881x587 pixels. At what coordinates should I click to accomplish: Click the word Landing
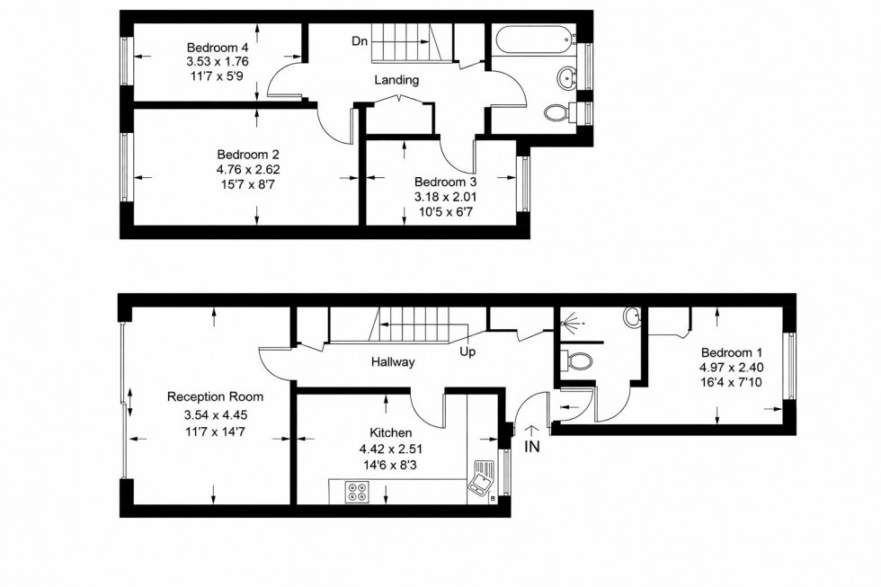click(396, 80)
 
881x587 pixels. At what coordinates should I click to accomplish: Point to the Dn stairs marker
click(360, 40)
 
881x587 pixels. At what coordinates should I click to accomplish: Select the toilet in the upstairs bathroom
click(559, 112)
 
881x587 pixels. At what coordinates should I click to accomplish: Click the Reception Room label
click(215, 396)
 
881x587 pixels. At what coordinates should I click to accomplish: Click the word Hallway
click(393, 363)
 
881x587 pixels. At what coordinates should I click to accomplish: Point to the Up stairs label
click(467, 351)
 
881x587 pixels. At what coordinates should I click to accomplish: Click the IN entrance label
click(531, 447)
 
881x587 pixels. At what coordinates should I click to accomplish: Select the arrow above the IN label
click(530, 431)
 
